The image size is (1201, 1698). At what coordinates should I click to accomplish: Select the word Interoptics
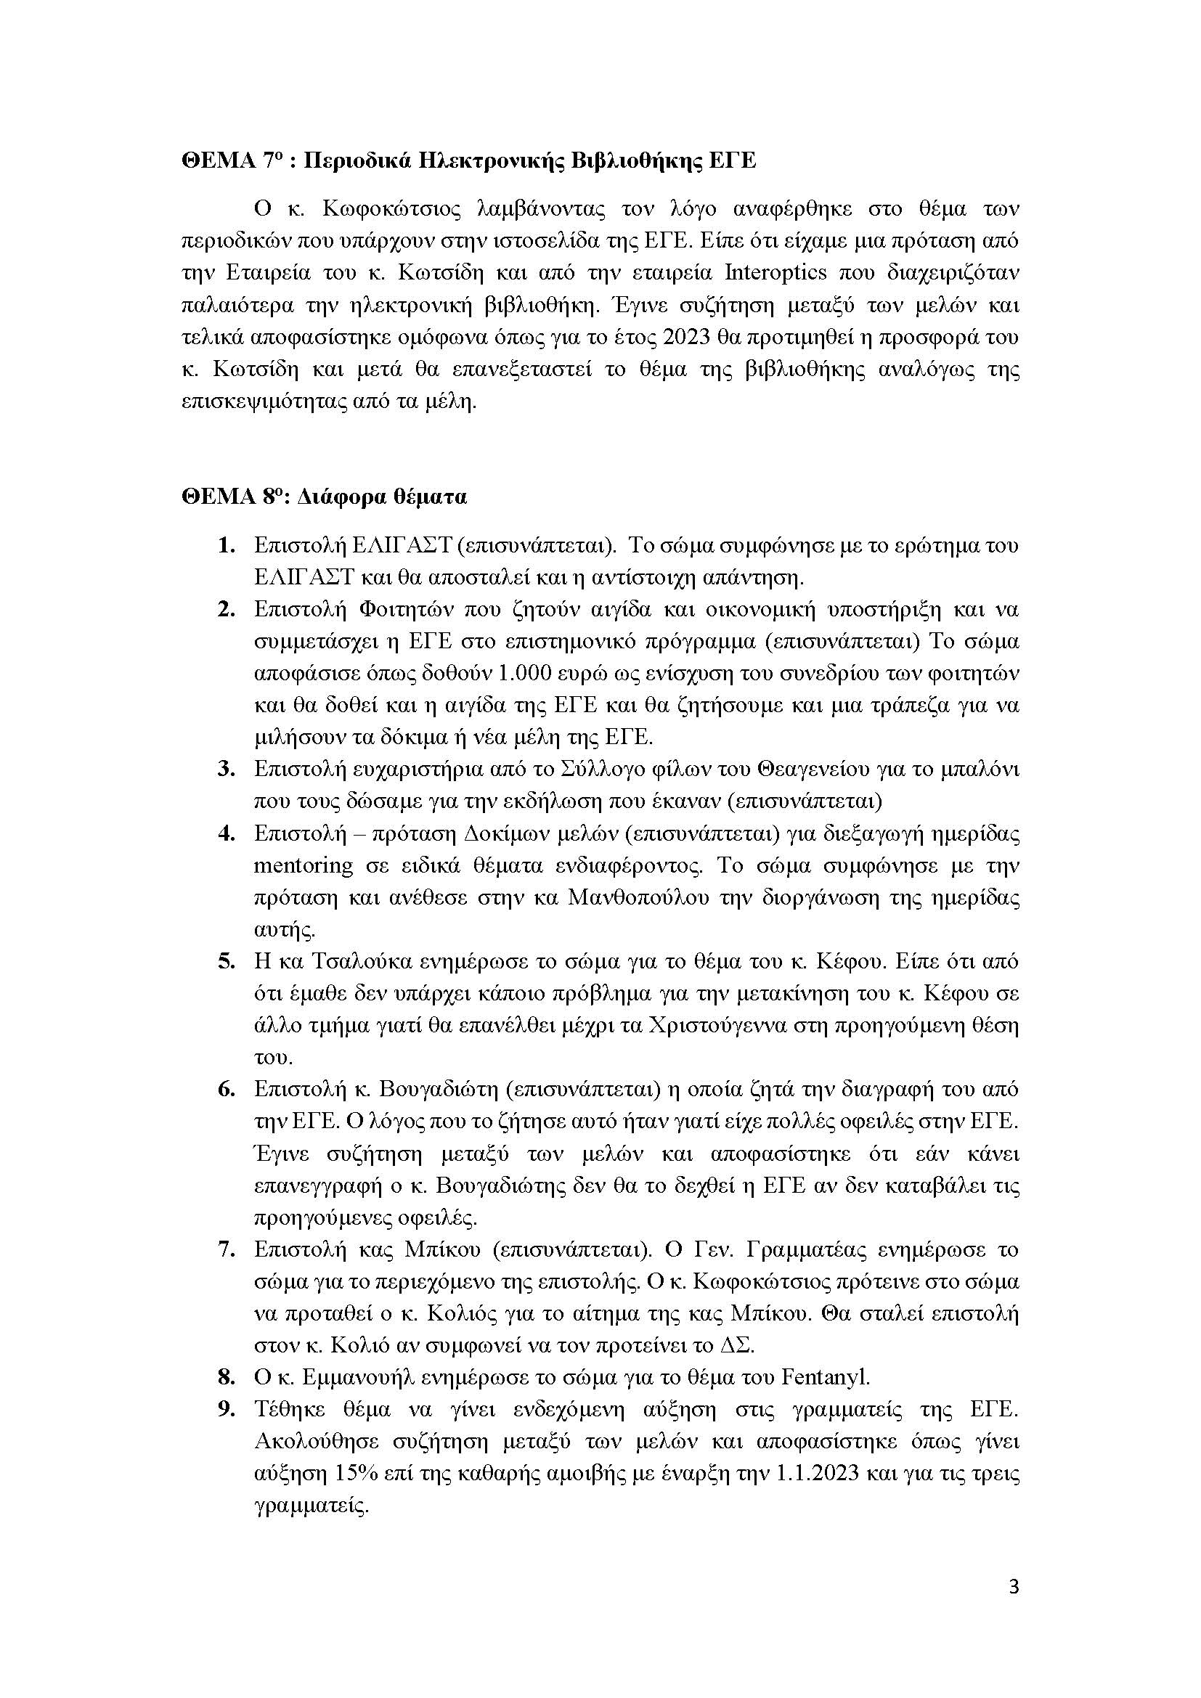click(775, 273)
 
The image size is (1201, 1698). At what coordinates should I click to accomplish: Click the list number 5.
click(227, 961)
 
